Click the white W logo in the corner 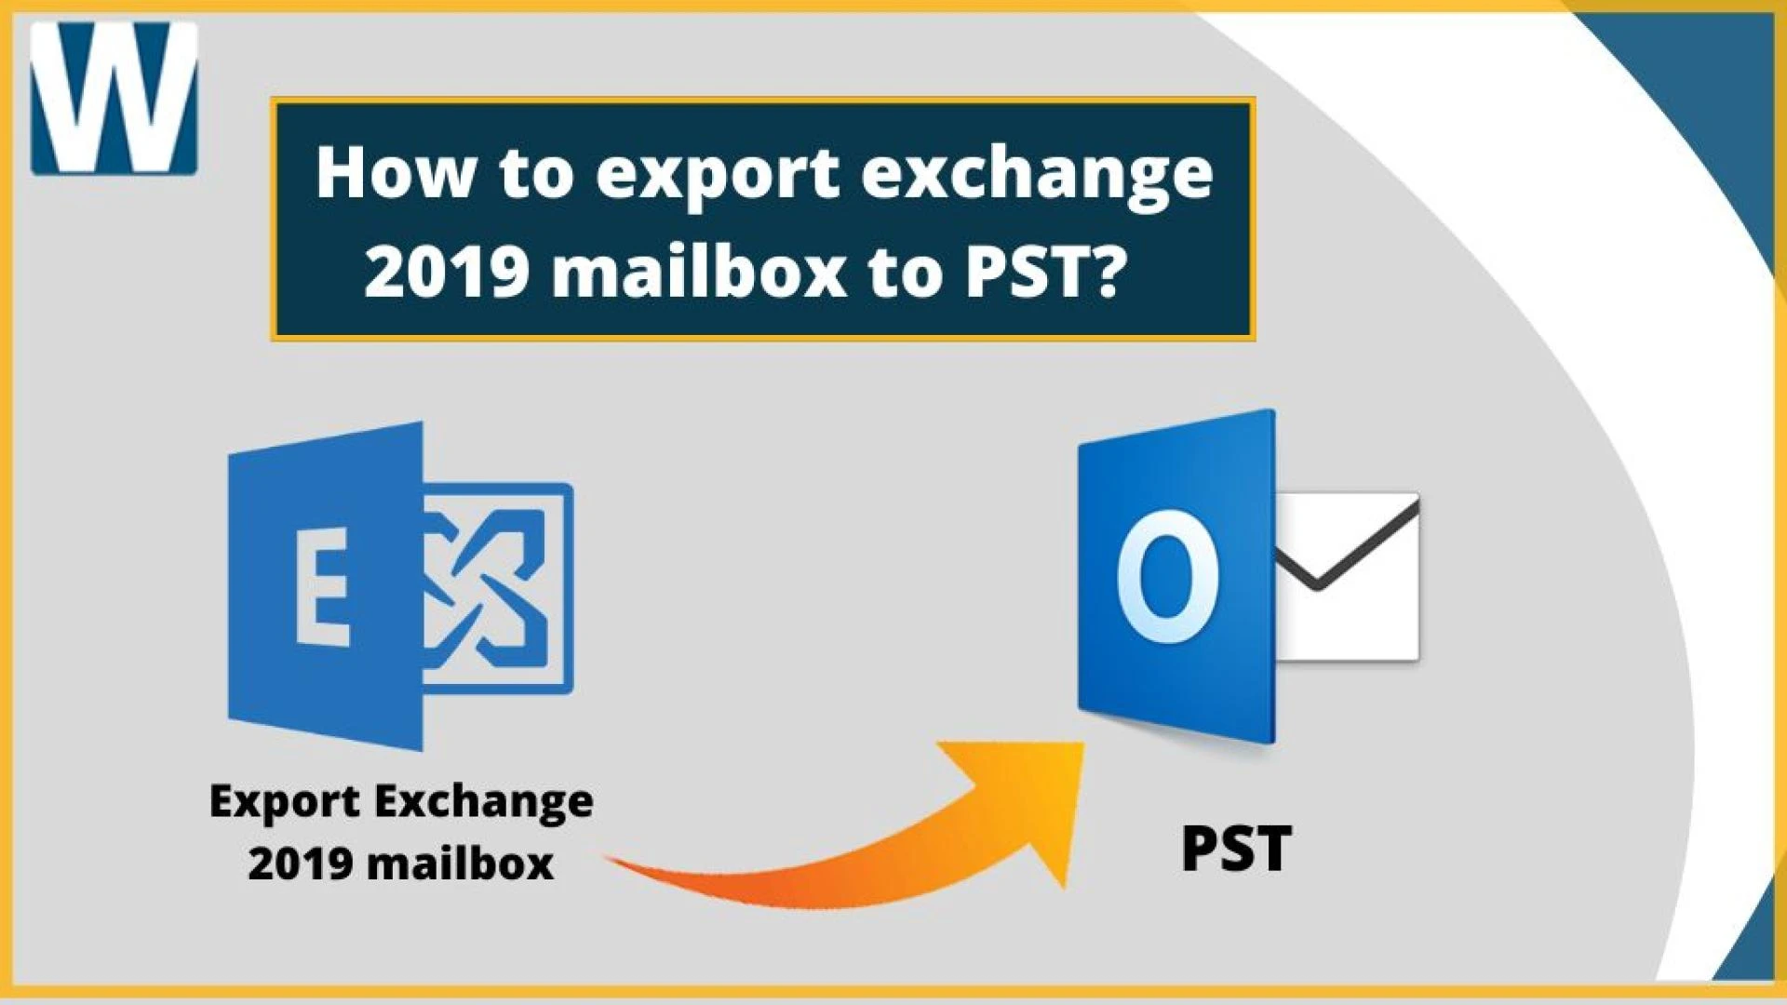[x=114, y=98]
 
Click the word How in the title [x=394, y=173]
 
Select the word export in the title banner [x=717, y=175]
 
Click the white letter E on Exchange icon [x=322, y=587]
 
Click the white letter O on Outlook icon [x=1168, y=576]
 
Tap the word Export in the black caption [x=284, y=801]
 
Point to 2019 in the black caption [x=300, y=863]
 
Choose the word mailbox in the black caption [x=460, y=863]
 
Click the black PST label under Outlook [x=1236, y=848]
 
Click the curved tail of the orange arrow [x=745, y=879]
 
